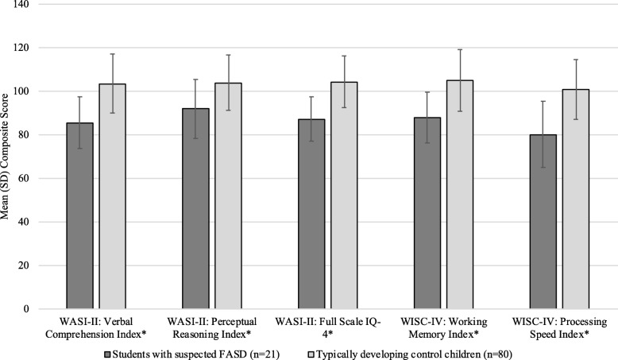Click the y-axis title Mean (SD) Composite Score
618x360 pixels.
pyautogui.click(x=10, y=157)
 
